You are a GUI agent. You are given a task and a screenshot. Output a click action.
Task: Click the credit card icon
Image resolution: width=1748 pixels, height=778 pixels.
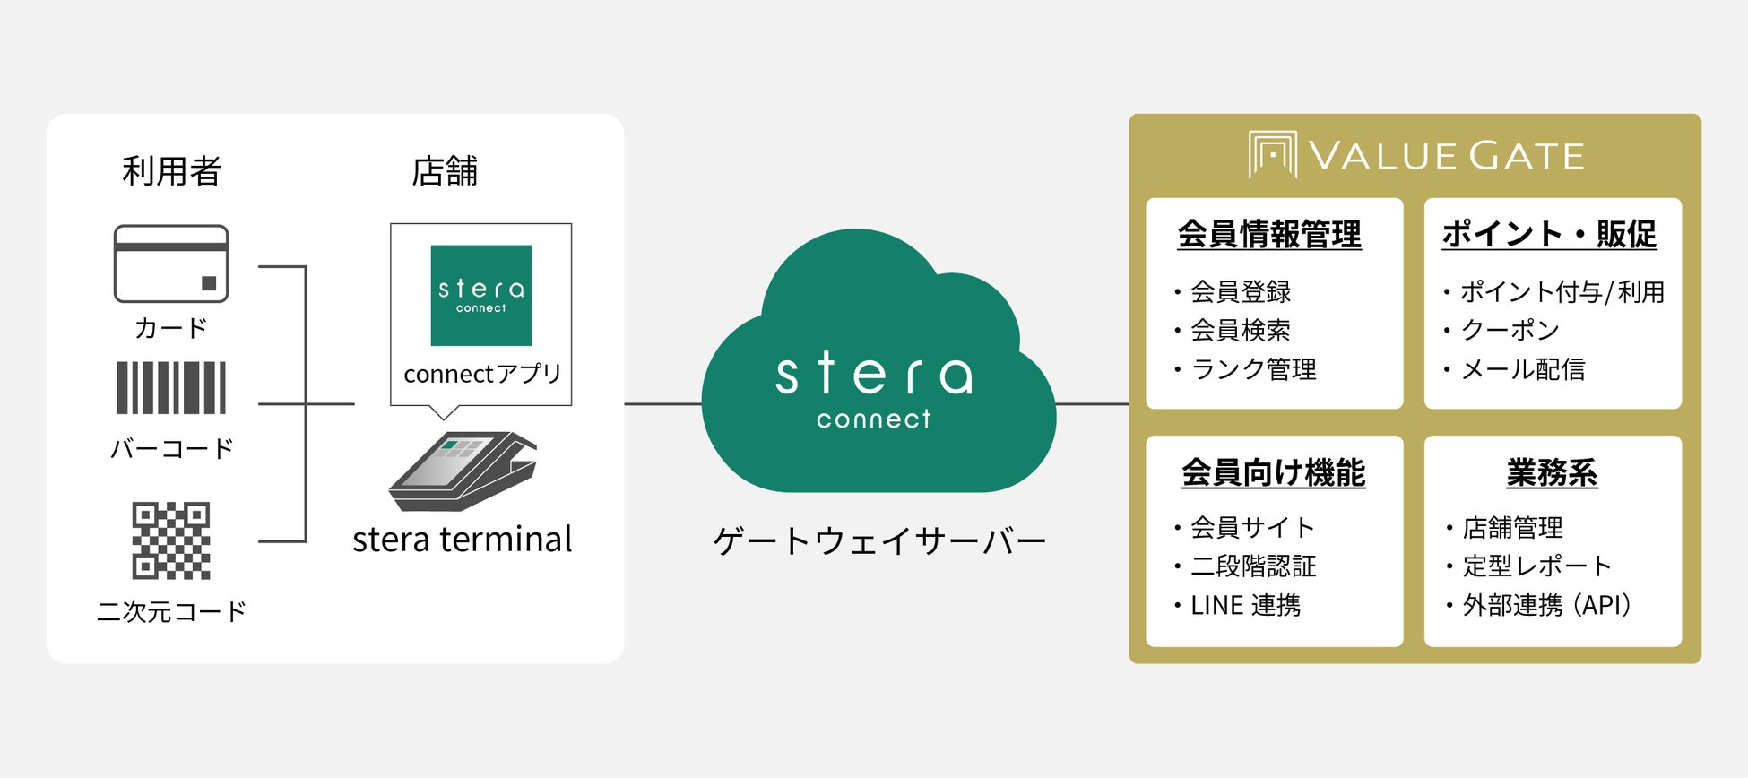point(171,264)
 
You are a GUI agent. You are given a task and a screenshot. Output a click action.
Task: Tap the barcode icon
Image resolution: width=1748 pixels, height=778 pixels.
point(171,388)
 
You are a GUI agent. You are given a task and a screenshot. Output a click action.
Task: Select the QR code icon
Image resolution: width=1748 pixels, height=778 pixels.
point(171,540)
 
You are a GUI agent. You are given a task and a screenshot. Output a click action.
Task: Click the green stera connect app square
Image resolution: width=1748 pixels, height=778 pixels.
point(481,295)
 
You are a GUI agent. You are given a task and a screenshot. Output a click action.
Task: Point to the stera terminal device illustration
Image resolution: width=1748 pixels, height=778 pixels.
point(463,471)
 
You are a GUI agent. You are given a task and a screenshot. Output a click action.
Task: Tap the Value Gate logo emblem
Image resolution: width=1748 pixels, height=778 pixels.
point(1272,155)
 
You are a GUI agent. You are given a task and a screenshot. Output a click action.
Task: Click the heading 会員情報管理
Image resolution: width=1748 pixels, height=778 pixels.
point(1269,235)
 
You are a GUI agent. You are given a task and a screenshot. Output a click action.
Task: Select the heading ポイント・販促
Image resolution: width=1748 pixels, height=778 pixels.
point(1549,235)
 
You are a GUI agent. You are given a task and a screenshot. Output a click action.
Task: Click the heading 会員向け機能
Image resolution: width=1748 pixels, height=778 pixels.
point(1273,472)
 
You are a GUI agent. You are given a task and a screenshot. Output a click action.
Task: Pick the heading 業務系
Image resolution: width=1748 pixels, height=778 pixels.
point(1552,472)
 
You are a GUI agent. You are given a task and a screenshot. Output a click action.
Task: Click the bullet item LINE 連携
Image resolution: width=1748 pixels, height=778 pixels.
point(1245,606)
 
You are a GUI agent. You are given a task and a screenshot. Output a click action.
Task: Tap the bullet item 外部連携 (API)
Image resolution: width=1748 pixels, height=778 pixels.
point(1546,606)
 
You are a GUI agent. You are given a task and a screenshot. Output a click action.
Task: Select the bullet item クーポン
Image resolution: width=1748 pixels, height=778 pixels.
point(1510,331)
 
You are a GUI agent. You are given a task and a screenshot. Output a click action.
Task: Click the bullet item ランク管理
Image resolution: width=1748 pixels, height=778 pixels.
point(1253,369)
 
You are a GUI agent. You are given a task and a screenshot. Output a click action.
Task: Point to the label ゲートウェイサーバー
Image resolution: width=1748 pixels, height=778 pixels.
point(879,541)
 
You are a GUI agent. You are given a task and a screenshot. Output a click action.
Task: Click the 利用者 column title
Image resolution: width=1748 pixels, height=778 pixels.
point(171,170)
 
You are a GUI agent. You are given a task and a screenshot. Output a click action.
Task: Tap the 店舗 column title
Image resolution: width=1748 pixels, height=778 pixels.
point(445,170)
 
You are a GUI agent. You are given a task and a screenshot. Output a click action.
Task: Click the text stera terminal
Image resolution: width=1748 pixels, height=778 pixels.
point(463,540)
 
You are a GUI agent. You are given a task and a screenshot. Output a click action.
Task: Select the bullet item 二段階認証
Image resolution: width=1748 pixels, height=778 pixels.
point(1253,566)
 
